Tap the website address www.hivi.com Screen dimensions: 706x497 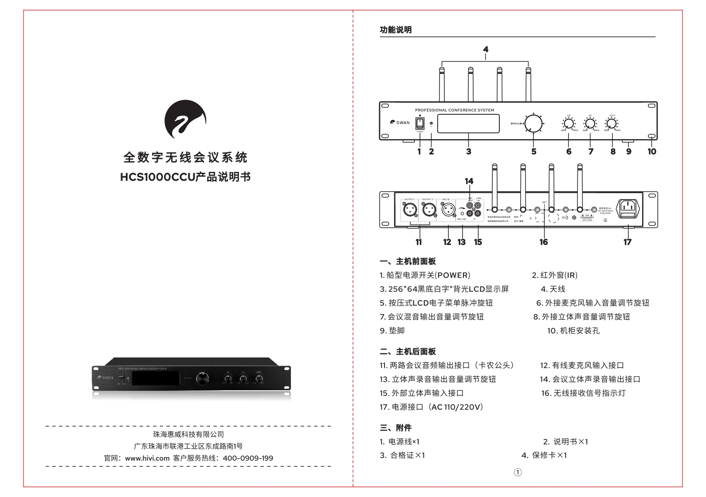147,458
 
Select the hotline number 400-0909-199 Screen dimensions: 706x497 247,458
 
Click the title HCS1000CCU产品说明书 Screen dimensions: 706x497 185,177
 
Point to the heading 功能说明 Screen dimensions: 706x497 396,30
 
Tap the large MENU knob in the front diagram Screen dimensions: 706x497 533,124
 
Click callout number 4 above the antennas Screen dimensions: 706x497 486,50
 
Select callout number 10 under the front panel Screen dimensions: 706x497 651,151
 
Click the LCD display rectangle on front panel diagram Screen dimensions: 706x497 468,124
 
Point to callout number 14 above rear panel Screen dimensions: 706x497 469,181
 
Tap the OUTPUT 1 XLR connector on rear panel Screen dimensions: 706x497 409,209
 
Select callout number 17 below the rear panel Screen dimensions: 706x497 627,242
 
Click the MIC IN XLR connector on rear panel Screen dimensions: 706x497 449,209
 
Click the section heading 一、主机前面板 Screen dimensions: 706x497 408,261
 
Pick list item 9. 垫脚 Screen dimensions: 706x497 392,330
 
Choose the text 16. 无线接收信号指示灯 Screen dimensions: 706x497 583,393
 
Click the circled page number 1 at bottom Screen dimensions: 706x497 518,472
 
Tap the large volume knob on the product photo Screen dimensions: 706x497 202,378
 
